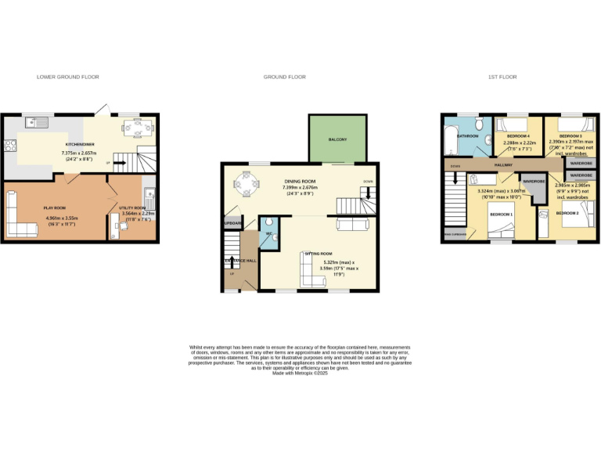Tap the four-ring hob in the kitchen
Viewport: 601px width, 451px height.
(x=10, y=146)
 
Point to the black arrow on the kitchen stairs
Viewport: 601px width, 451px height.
(x=120, y=163)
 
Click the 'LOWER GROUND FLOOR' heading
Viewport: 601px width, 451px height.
(x=67, y=77)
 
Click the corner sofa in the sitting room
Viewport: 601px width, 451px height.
(x=311, y=270)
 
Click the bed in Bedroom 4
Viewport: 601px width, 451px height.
(x=512, y=125)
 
